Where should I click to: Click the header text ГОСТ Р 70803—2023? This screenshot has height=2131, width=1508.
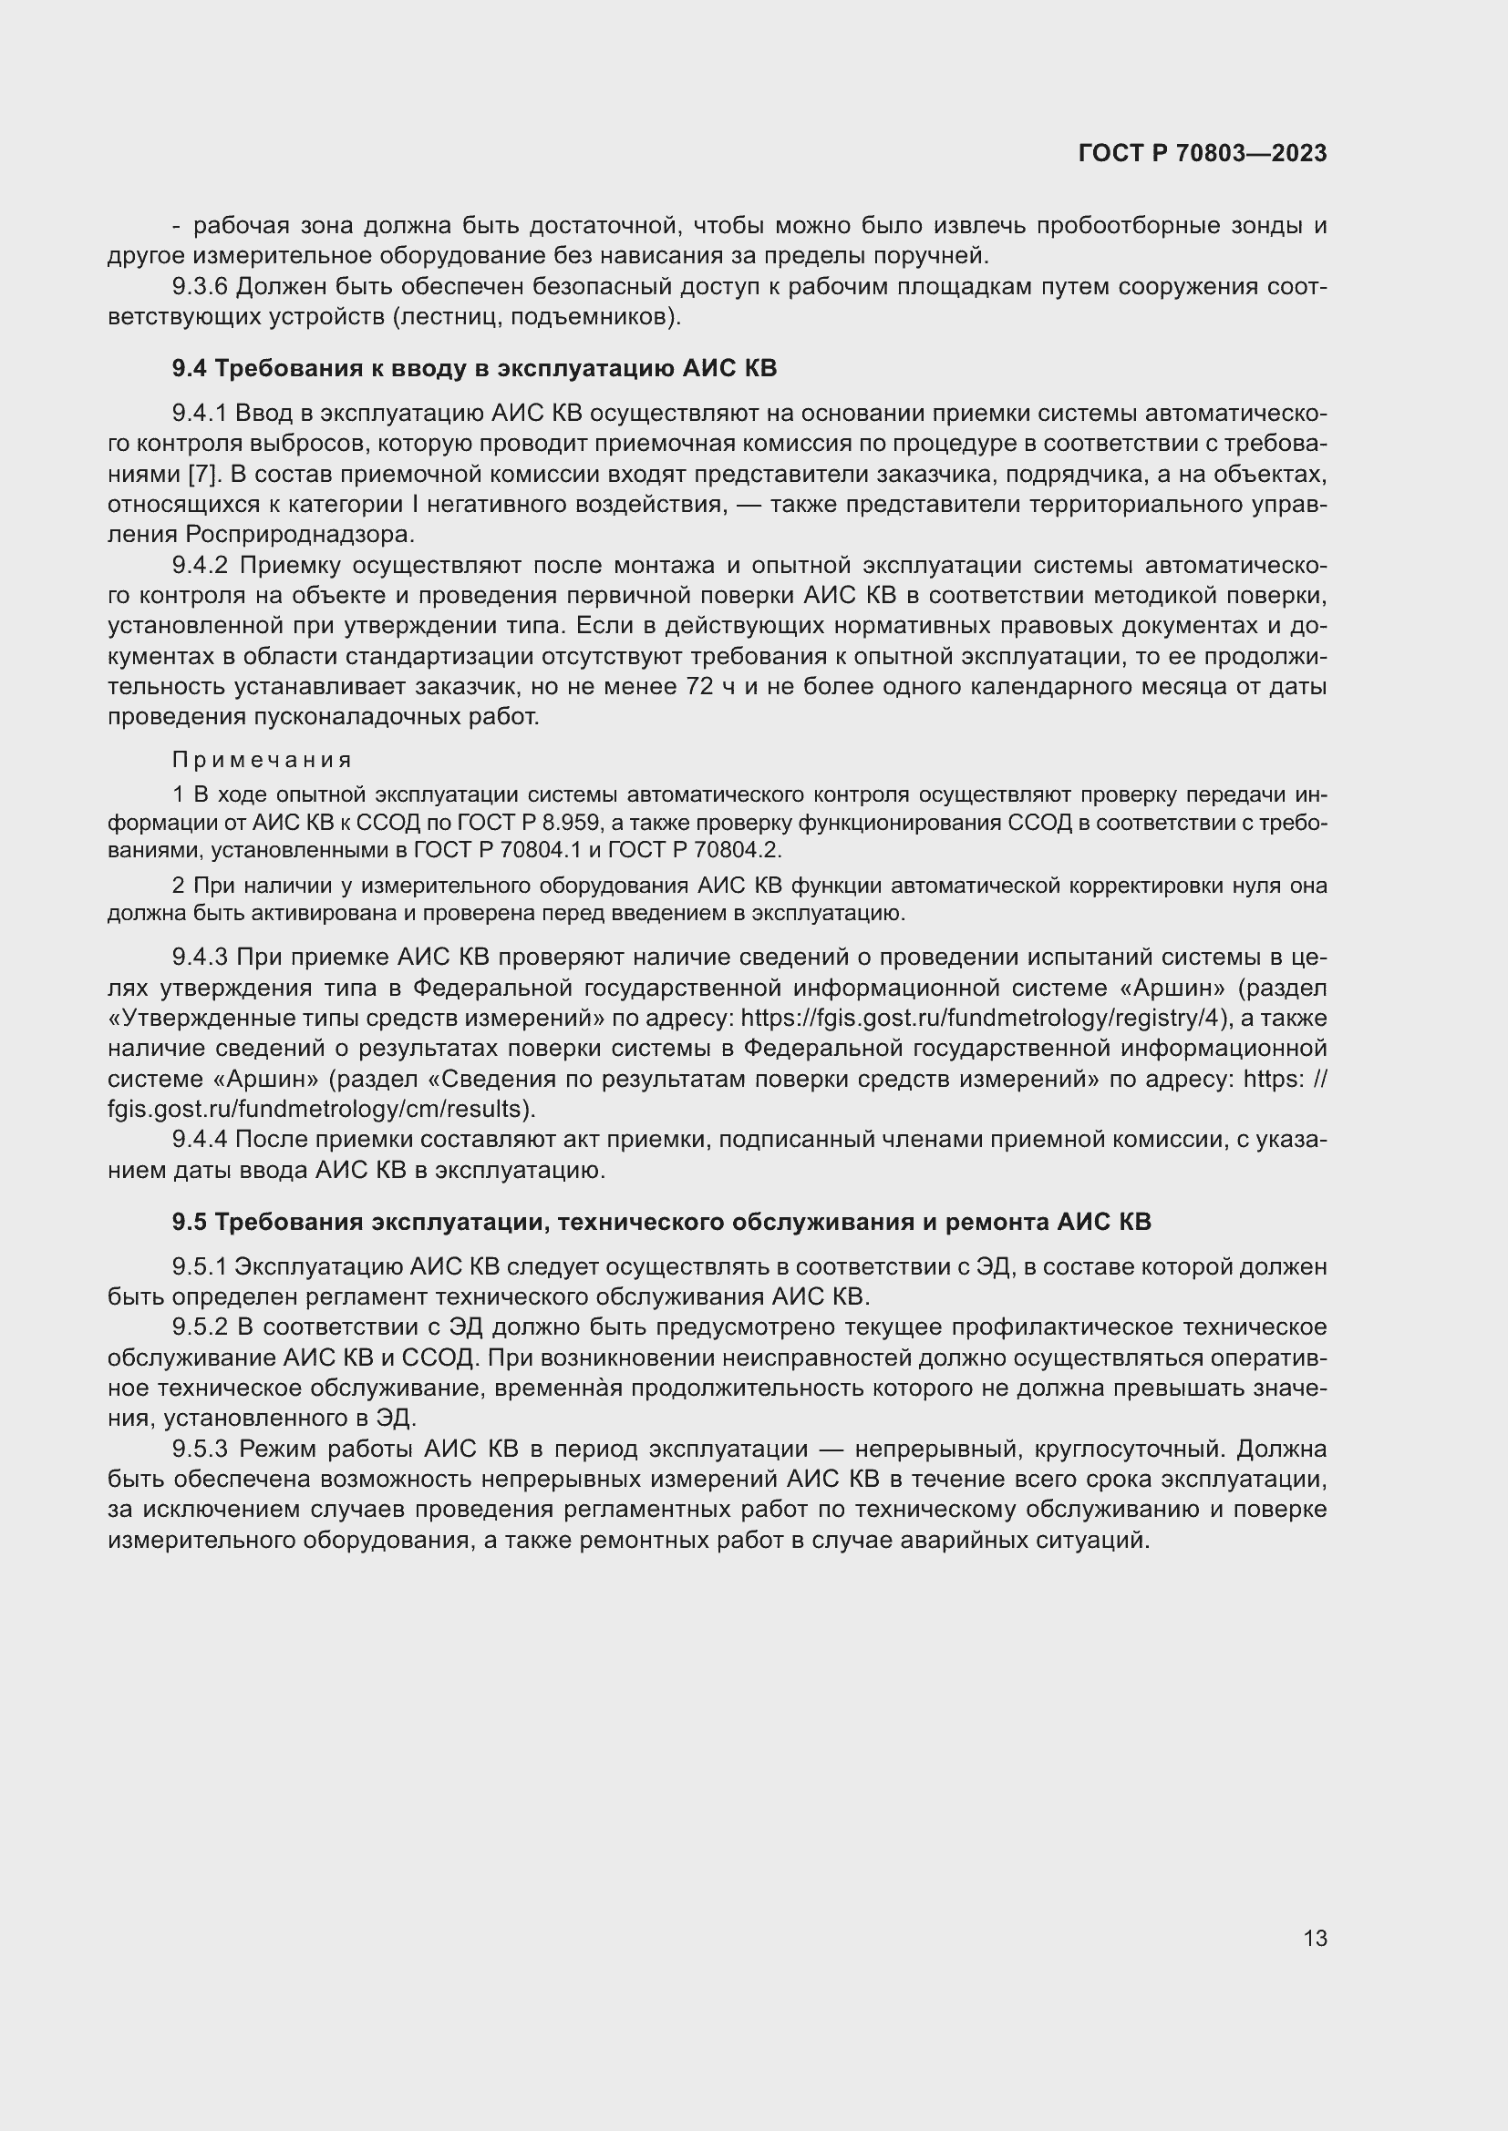click(x=1203, y=153)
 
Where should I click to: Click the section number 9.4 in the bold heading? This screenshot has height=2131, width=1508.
click(x=190, y=368)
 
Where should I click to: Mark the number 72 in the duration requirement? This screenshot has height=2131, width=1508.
click(x=698, y=687)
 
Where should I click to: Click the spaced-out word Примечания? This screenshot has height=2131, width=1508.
click(x=262, y=760)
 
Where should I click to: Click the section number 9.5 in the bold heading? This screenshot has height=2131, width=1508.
click(x=190, y=1222)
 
